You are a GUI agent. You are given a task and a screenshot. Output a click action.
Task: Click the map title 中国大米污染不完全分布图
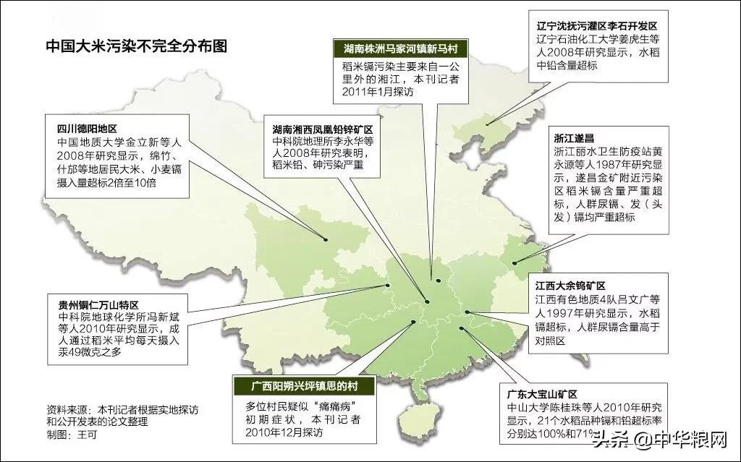pyautogui.click(x=136, y=47)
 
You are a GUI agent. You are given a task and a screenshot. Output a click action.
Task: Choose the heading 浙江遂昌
pyautogui.click(x=567, y=137)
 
